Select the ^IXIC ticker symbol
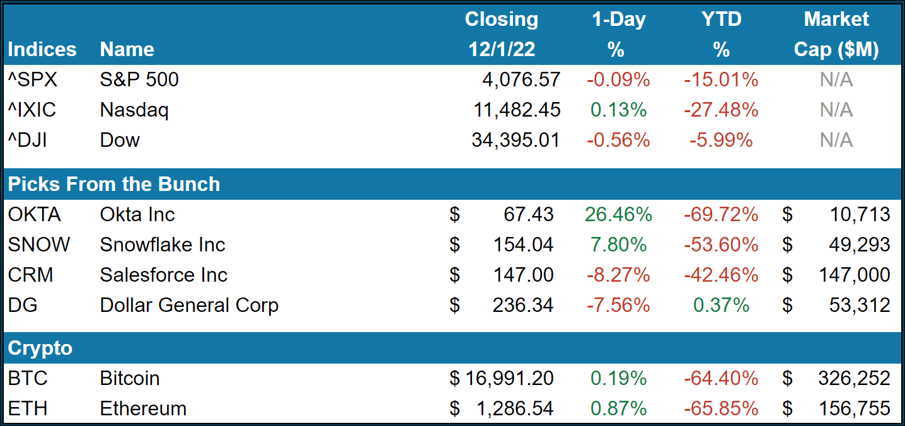[x=32, y=110]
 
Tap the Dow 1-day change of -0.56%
[x=618, y=140]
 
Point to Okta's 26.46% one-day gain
[x=618, y=214]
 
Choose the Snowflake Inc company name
[x=163, y=245]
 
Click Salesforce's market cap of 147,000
[x=855, y=275]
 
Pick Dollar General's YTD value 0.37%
[x=721, y=305]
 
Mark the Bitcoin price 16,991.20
[x=509, y=378]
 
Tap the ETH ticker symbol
[x=28, y=408]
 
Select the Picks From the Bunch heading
[x=114, y=184]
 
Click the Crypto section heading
[x=40, y=348]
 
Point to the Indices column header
[x=42, y=49]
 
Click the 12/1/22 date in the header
[x=502, y=49]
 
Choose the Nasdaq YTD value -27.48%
[x=721, y=110]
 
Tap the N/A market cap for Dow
[x=836, y=140]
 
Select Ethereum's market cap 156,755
[x=855, y=408]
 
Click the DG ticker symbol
[x=23, y=305]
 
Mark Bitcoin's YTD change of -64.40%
[x=721, y=378]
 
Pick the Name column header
[x=127, y=49]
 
